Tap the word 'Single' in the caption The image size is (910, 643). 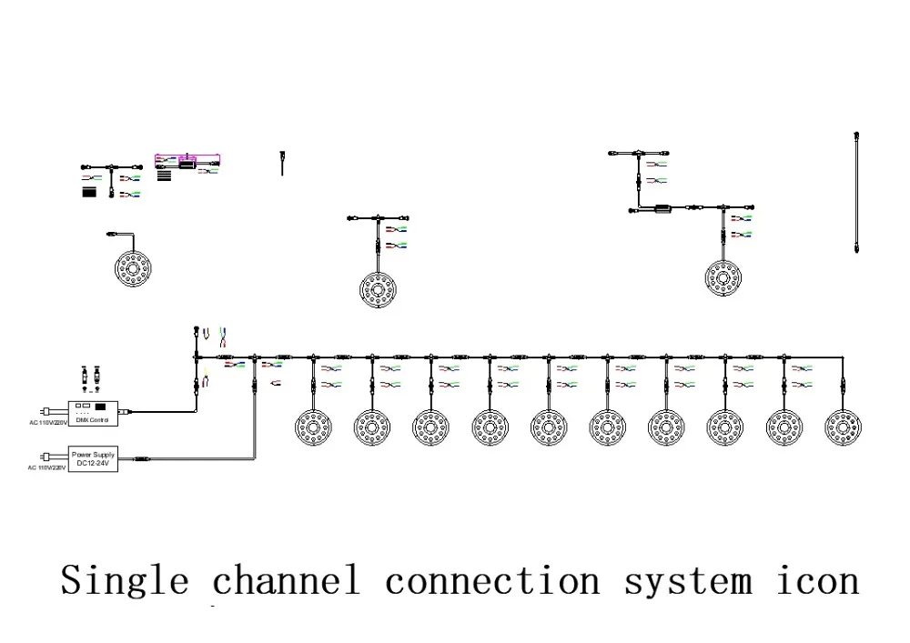tap(125, 580)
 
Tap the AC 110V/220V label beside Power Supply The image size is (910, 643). tap(47, 468)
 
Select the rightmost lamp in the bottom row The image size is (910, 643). tap(843, 426)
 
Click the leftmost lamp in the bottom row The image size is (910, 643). tap(314, 426)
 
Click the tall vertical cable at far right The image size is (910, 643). tap(857, 191)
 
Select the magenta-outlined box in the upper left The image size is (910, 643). tap(187, 162)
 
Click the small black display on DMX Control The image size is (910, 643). tap(102, 406)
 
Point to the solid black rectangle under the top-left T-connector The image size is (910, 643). tap(89, 193)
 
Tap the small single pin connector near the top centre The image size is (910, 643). tap(282, 162)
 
